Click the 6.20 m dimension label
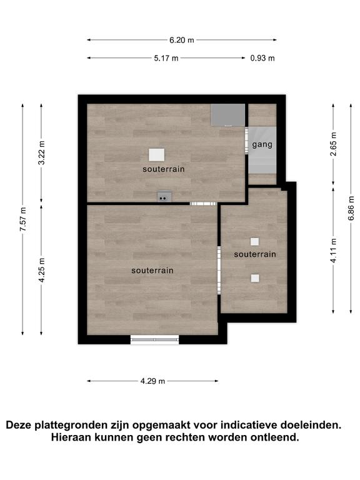[x=182, y=40]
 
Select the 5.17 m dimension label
[x=166, y=58]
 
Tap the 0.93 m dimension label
[x=262, y=58]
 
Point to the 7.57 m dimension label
[x=23, y=219]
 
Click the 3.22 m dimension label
[x=42, y=152]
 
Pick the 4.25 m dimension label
[x=42, y=270]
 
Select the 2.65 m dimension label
[x=333, y=144]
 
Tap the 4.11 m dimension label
[x=333, y=251]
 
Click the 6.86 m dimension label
[x=351, y=208]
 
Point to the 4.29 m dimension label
[x=152, y=381]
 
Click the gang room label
[x=262, y=144]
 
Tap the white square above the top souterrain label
[x=157, y=155]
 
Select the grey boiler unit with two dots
[x=165, y=196]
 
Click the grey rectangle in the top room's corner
[x=228, y=115]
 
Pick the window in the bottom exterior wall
[x=154, y=339]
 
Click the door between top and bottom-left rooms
[x=203, y=204]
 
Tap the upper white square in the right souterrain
[x=255, y=242]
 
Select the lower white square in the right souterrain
[x=255, y=278]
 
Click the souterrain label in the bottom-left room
[x=152, y=271]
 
